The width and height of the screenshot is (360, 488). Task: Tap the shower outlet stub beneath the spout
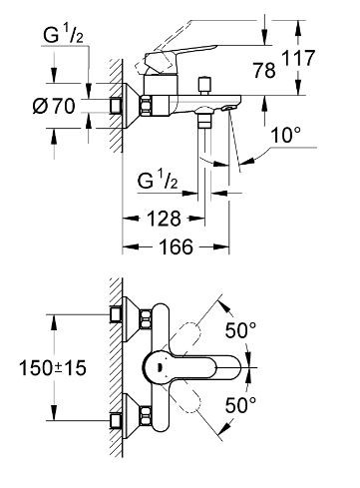coord(206,128)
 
